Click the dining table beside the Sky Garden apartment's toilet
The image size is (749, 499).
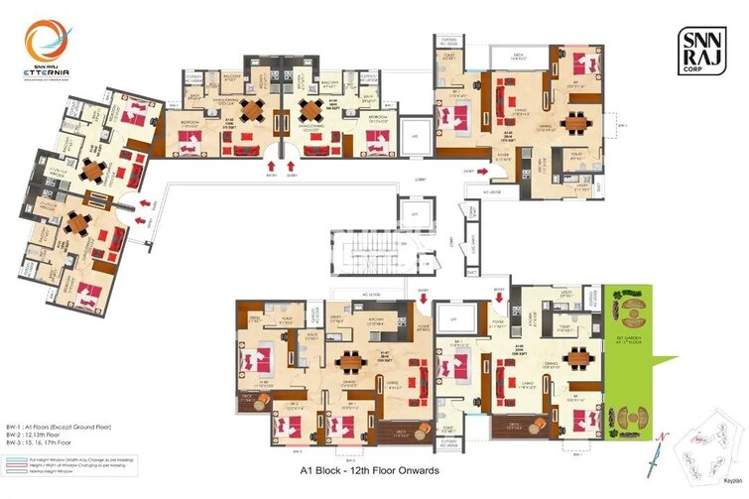(574, 357)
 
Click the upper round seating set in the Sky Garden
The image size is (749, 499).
(629, 309)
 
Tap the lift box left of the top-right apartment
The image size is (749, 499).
(418, 132)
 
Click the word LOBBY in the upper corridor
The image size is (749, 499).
(406, 180)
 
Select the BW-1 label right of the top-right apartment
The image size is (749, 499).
(622, 127)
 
